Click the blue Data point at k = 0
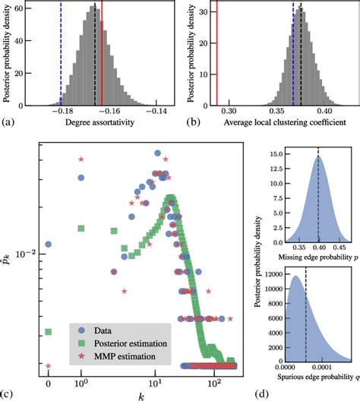click(49, 245)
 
